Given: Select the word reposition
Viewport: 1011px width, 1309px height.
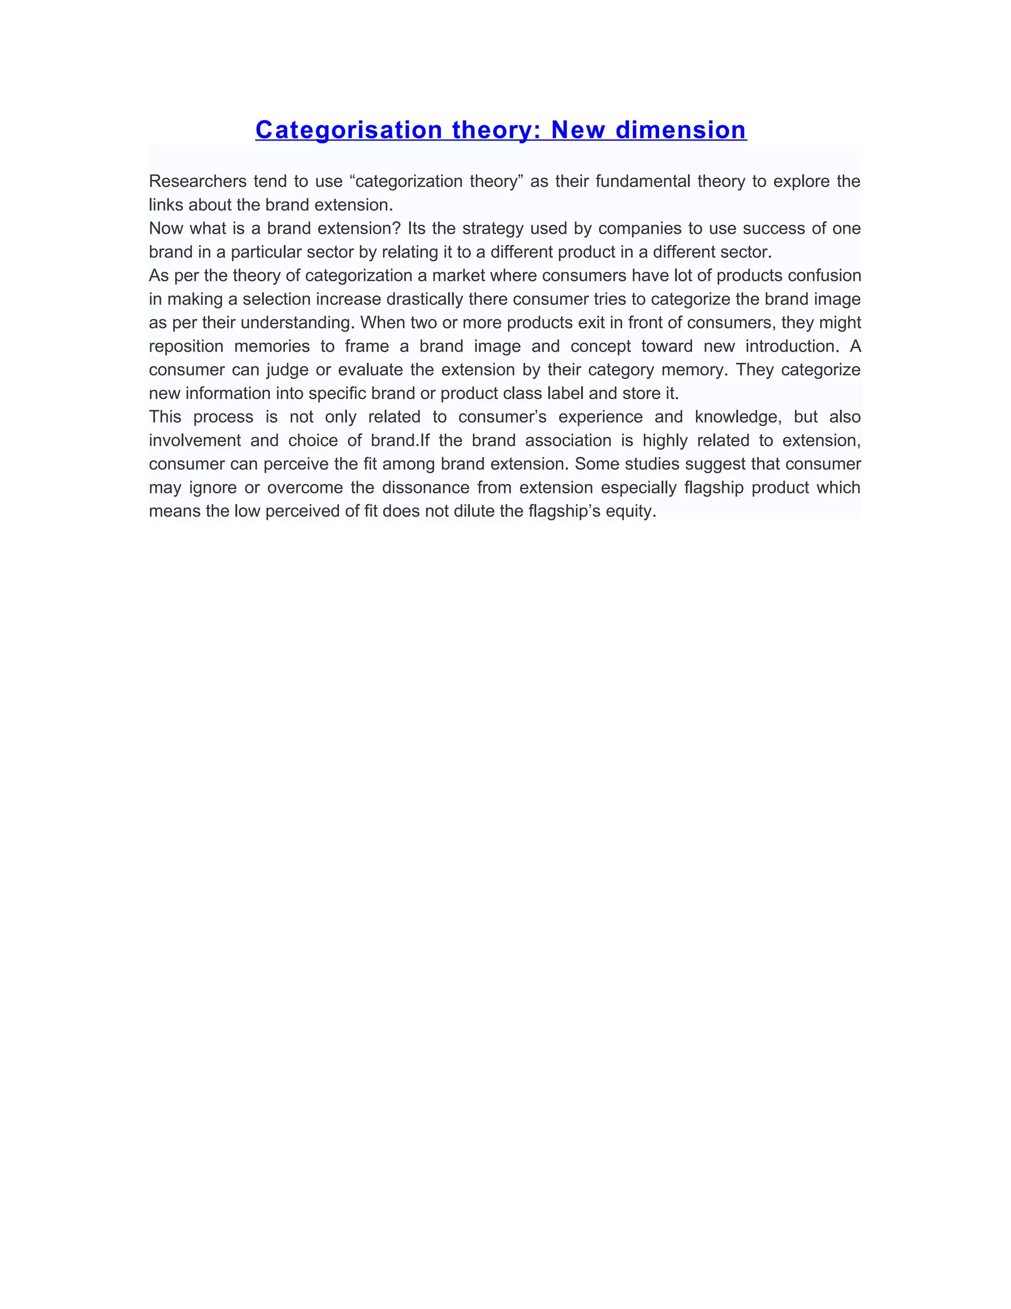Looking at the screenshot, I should (x=186, y=346).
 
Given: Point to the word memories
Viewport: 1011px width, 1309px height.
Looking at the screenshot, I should (x=272, y=346).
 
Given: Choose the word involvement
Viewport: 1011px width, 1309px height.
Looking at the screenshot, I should (x=194, y=441).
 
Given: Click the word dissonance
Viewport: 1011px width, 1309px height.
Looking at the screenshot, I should (x=425, y=487).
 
